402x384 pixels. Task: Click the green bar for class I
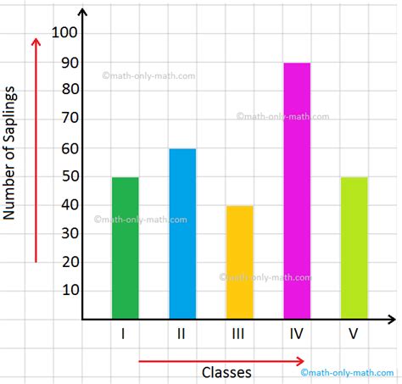tap(125, 248)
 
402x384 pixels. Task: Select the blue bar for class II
tap(181, 234)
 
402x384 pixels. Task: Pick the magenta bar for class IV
tap(296, 191)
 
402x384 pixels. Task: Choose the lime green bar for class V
tap(353, 248)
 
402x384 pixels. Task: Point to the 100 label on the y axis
tap(64, 34)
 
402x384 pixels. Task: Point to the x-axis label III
tap(238, 334)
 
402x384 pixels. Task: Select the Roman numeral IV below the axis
tap(296, 334)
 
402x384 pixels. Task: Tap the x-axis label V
tap(353, 334)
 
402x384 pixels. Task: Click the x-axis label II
tap(181, 334)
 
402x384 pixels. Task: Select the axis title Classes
tap(226, 372)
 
